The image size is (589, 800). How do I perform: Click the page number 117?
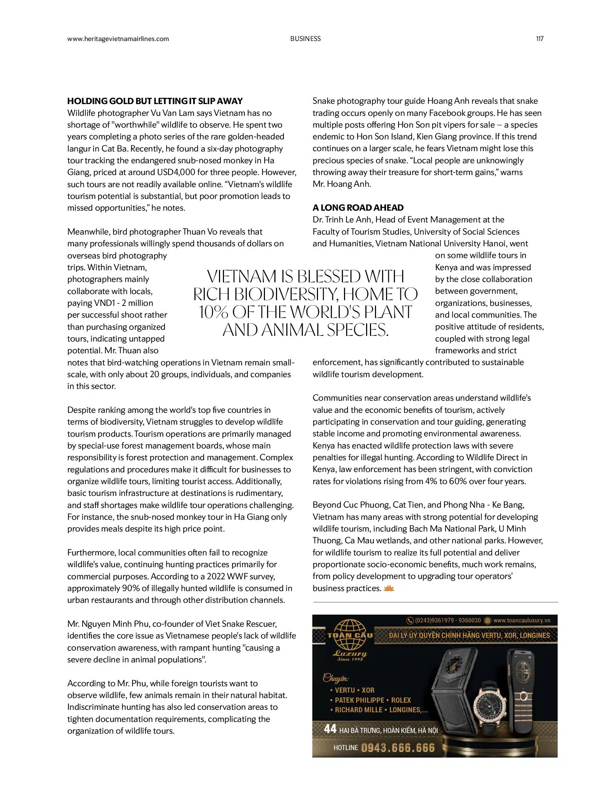[x=540, y=39]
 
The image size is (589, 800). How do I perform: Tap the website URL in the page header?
[x=118, y=39]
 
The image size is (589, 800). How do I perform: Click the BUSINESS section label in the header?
[x=305, y=39]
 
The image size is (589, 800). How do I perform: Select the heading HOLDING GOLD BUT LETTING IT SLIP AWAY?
[x=155, y=101]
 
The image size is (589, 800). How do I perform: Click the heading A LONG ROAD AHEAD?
[x=358, y=208]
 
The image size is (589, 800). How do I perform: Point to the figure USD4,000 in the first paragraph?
[x=176, y=173]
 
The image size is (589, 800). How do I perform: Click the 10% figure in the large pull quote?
[x=214, y=312]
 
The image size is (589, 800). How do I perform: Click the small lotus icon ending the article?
[x=389, y=588]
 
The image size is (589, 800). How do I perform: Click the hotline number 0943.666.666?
[x=397, y=748]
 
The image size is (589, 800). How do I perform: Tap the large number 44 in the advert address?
[x=330, y=729]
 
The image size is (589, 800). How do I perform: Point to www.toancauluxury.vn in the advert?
[x=522, y=620]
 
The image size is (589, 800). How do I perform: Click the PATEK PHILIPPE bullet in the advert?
[x=360, y=700]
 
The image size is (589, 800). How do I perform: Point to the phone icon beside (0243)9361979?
[x=410, y=620]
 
